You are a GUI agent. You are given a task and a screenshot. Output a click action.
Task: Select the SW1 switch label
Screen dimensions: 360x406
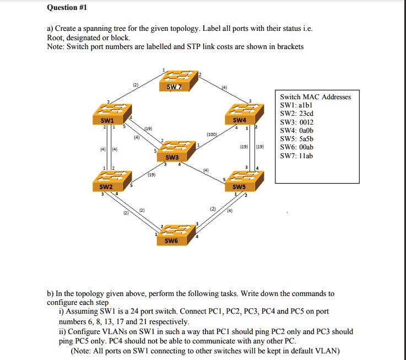coord(107,120)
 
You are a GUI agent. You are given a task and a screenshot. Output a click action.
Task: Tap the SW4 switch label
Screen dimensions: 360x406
coord(240,120)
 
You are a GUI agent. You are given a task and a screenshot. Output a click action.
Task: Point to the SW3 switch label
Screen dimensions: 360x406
coord(172,158)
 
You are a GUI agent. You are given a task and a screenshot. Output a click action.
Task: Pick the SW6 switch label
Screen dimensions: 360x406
coord(171,241)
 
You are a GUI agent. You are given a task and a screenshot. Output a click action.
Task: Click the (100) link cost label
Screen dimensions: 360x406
coord(212,134)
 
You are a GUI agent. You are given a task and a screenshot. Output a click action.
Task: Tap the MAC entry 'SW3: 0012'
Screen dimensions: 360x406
coord(297,122)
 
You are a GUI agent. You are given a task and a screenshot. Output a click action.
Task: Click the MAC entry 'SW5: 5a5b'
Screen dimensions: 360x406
coord(297,139)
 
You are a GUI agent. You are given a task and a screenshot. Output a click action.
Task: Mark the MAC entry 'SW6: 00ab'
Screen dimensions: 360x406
coord(297,147)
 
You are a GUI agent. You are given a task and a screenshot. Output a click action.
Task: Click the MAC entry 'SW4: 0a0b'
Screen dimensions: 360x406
coord(297,131)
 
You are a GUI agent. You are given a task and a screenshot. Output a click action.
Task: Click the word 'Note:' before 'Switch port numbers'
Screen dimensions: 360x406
coord(57,47)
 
